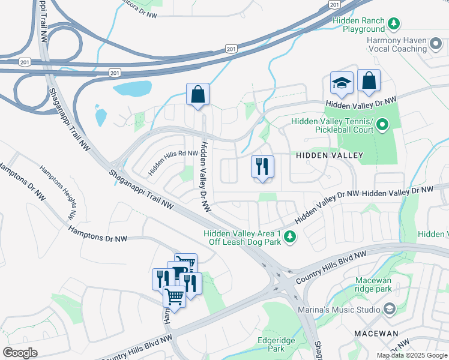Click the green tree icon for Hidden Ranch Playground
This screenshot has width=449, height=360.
[393, 24]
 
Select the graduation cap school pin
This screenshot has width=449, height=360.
[342, 83]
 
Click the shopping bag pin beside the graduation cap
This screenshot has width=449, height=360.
[369, 80]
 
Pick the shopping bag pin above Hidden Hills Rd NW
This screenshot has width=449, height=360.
[197, 94]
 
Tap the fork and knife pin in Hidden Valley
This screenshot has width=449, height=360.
[262, 167]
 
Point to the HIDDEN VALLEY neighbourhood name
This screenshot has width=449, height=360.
[330, 155]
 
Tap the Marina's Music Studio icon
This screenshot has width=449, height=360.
[388, 310]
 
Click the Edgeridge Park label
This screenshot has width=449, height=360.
[276, 344]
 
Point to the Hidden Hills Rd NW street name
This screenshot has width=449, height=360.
[173, 162]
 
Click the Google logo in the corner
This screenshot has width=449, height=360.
[20, 353]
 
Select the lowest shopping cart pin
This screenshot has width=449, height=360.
[174, 296]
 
